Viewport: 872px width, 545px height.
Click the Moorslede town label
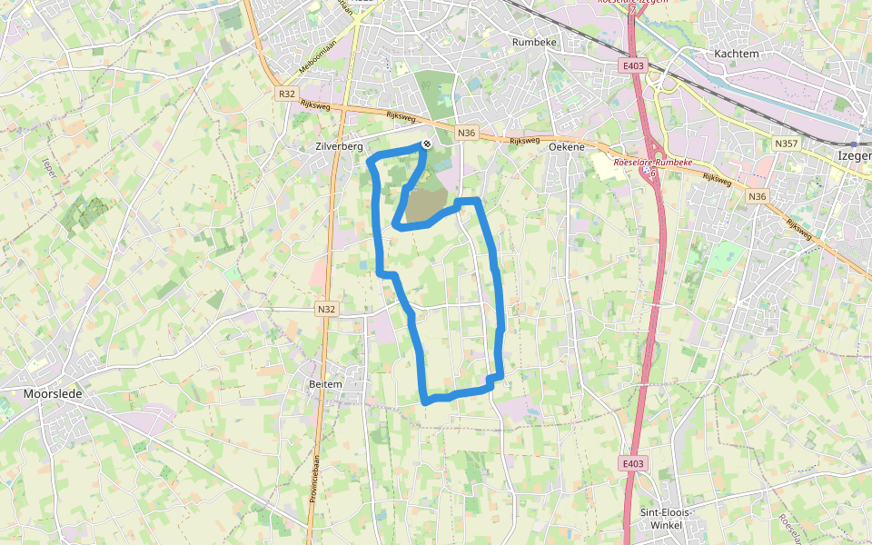[52, 394]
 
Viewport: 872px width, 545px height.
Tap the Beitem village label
[326, 384]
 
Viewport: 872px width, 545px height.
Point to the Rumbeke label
[533, 42]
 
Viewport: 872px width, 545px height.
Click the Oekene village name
[567, 146]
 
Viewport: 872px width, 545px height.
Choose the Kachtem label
[736, 54]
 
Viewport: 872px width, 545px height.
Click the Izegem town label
[854, 156]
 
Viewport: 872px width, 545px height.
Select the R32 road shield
[287, 94]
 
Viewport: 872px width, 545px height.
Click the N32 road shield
[327, 310]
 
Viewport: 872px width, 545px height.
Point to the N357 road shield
[787, 144]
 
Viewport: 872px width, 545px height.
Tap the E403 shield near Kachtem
[634, 65]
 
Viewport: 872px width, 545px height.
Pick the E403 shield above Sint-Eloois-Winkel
[634, 464]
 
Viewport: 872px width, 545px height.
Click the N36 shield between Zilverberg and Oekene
[467, 134]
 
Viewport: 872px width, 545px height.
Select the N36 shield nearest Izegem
[757, 196]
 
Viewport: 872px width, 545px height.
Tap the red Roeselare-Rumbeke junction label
[653, 162]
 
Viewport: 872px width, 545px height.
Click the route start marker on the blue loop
[426, 144]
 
